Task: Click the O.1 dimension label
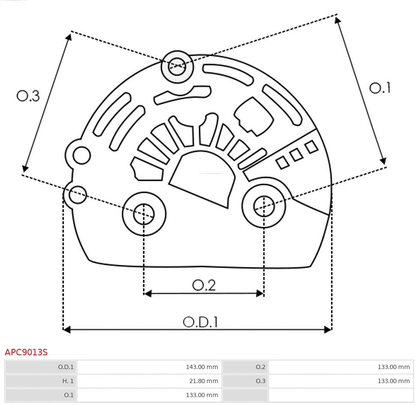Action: click(x=380, y=88)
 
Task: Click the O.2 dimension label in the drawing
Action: click(x=204, y=285)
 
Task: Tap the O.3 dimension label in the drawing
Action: click(x=28, y=95)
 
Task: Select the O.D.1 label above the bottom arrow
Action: click(x=200, y=322)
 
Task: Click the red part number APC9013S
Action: click(x=26, y=352)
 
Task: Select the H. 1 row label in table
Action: click(x=41, y=381)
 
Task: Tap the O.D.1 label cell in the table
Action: click(x=41, y=367)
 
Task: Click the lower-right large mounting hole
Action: click(x=264, y=207)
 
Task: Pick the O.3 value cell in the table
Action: click(x=340, y=381)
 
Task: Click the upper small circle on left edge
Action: click(x=81, y=155)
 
